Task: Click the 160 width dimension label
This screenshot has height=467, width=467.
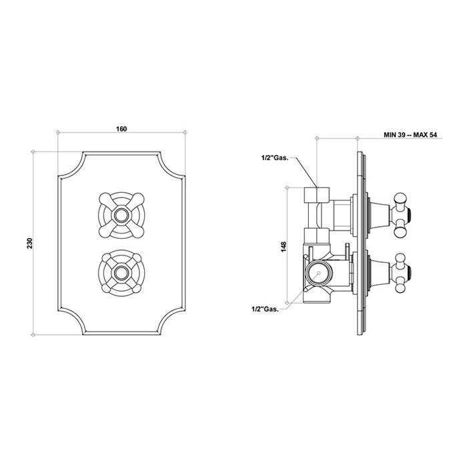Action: (x=121, y=129)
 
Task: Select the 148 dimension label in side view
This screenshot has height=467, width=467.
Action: (x=284, y=247)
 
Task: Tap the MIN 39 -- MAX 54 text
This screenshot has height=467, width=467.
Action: (x=410, y=135)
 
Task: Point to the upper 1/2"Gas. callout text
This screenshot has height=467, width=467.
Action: (x=275, y=158)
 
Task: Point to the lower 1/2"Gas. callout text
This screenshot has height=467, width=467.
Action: (x=265, y=309)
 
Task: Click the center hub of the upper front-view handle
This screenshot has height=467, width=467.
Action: (x=121, y=215)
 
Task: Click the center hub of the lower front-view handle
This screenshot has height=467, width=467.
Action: (x=121, y=272)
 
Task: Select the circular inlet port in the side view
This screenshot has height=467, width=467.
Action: (x=318, y=273)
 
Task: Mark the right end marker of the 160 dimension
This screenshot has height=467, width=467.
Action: (x=185, y=132)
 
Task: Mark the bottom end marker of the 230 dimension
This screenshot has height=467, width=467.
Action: (x=33, y=335)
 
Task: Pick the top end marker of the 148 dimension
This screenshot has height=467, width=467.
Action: (x=287, y=187)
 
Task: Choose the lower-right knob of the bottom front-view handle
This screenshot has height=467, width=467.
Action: (x=136, y=288)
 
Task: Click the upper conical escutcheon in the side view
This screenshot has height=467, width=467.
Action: (x=378, y=215)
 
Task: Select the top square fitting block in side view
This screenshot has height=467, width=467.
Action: (x=317, y=194)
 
